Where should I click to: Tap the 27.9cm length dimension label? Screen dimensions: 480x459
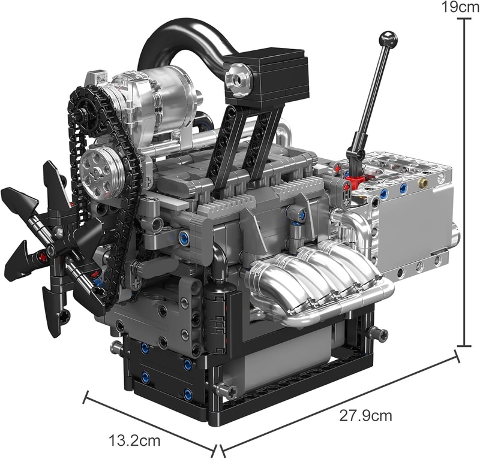coord(365,416)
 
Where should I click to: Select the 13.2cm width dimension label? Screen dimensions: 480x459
coord(134,440)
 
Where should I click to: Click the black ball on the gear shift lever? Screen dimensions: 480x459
coord(388,39)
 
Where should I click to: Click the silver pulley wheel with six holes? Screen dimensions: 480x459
coord(97,173)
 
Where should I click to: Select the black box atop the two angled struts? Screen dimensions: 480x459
coord(265,76)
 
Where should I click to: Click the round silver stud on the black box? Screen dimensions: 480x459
coord(238,79)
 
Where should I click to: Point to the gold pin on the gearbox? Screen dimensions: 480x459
coord(424,183)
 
